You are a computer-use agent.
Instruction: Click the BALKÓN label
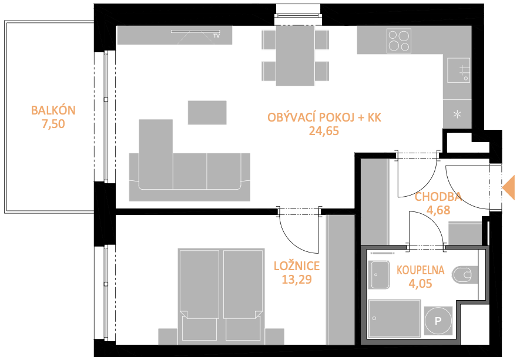(x=53, y=110)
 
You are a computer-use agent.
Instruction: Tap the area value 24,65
(x=324, y=131)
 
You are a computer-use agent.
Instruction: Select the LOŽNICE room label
(x=297, y=266)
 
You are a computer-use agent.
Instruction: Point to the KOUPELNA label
(x=421, y=270)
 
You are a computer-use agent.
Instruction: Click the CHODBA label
(x=438, y=197)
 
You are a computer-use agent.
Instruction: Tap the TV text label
(x=217, y=35)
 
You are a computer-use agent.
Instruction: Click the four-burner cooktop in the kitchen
(x=399, y=41)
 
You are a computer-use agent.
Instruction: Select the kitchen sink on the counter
(x=459, y=70)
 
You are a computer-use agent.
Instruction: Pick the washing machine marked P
(x=438, y=321)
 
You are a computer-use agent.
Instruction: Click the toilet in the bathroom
(x=465, y=275)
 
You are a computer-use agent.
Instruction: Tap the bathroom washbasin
(x=380, y=275)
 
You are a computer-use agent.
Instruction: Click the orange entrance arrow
(x=508, y=188)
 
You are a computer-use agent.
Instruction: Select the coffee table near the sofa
(x=207, y=113)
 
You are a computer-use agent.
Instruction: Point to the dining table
(x=295, y=55)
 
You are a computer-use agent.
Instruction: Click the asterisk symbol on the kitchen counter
(x=457, y=115)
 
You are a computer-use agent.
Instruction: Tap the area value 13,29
(x=297, y=280)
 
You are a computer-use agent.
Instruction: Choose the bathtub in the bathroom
(x=395, y=318)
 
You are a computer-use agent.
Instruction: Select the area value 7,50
(x=53, y=124)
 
